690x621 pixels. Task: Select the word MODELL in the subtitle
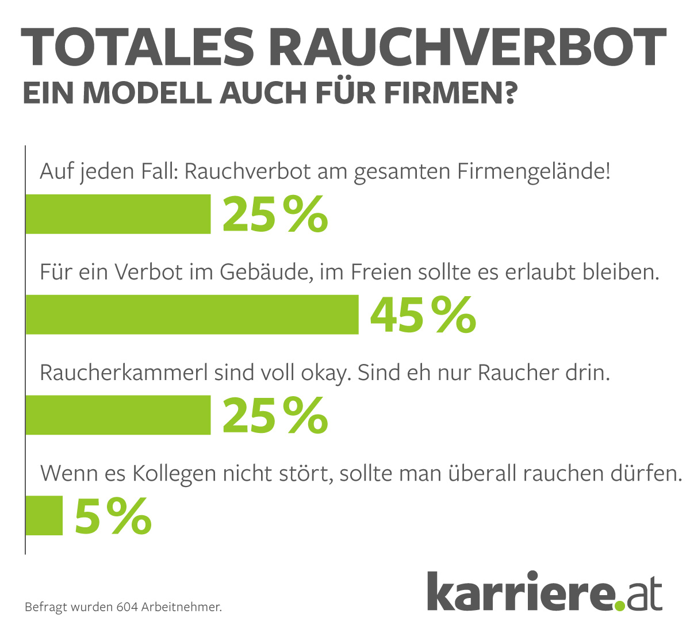[x=147, y=93]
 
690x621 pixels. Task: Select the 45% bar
[x=192, y=315]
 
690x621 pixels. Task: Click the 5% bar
[x=44, y=515]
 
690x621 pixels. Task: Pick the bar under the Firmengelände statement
[x=118, y=214]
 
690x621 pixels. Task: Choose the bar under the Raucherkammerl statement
[x=118, y=415]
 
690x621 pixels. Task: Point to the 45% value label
[x=423, y=315]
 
